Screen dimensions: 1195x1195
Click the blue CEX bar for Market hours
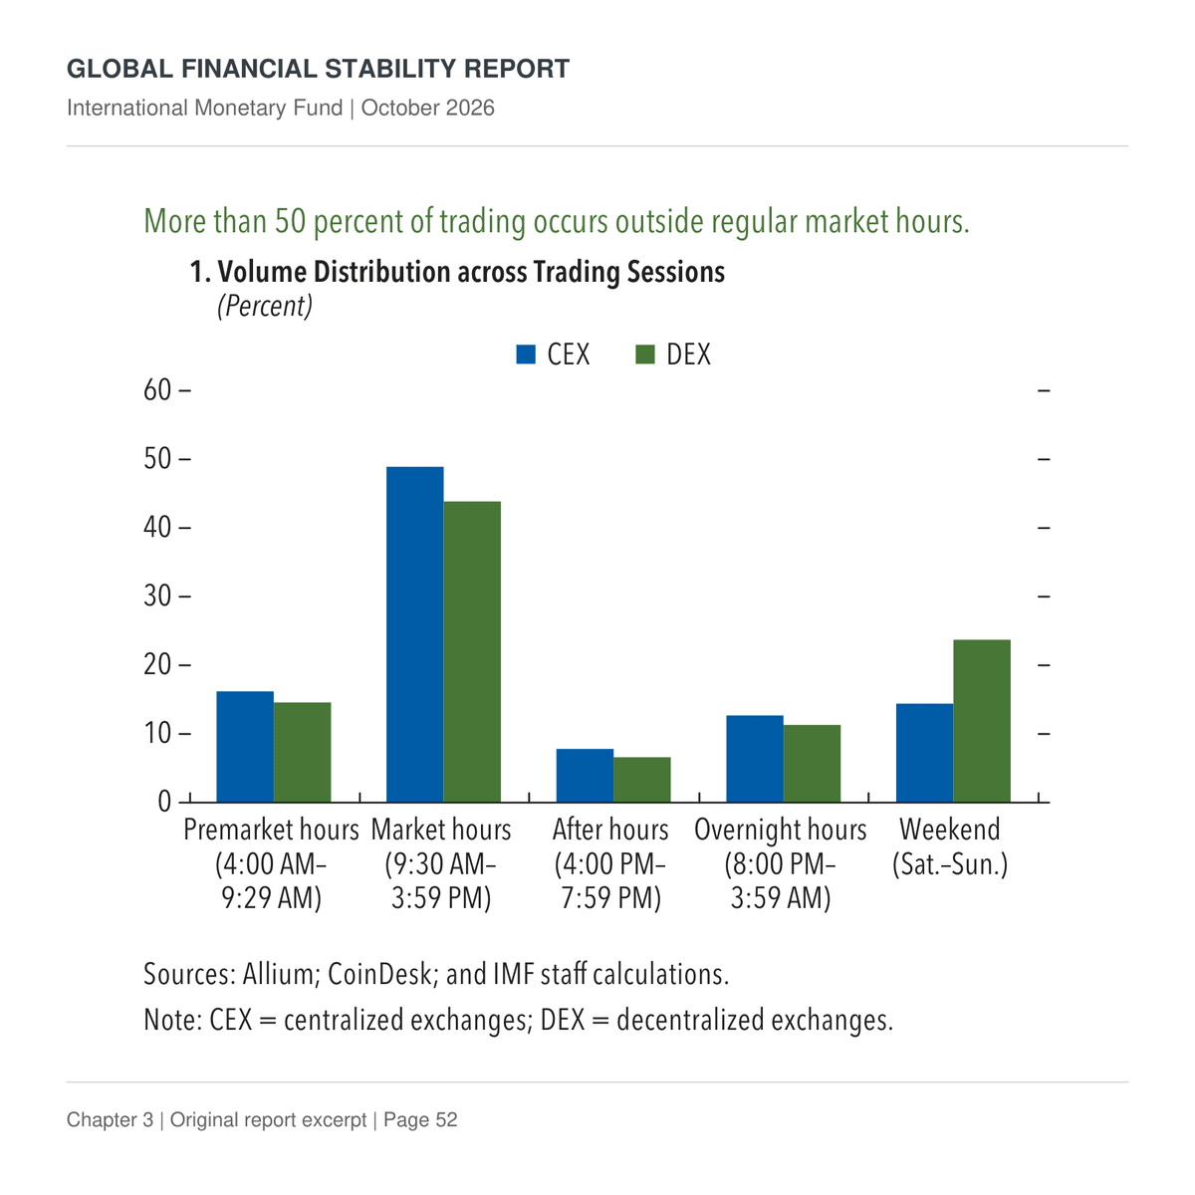pos(414,633)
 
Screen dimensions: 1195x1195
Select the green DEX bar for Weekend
pos(981,721)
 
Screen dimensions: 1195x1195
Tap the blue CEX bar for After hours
pos(585,775)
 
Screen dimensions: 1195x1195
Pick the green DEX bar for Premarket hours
pos(302,752)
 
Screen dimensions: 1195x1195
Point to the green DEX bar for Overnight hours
pos(812,764)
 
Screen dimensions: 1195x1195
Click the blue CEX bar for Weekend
pos(924,753)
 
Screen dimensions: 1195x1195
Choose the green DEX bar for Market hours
pos(472,651)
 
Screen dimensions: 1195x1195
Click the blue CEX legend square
pos(526,355)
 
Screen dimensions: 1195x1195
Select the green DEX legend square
pos(645,355)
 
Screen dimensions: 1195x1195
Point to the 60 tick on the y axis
pos(185,390)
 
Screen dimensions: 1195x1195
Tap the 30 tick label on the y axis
pos(157,596)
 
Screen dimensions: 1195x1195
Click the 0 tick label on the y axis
pos(164,802)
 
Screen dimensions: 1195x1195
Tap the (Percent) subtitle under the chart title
pos(265,306)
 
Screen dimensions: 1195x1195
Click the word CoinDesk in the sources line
pos(378,974)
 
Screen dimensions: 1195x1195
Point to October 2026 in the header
pos(428,108)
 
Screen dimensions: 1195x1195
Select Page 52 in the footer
pos(420,1119)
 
